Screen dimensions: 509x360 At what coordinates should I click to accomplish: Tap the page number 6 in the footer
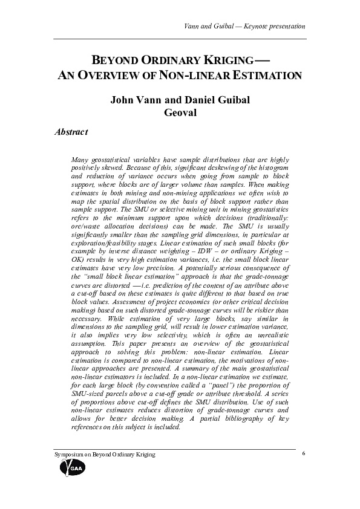click(303, 453)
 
